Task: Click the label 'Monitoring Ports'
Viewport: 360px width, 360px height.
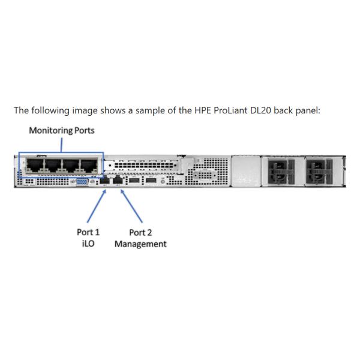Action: click(x=62, y=130)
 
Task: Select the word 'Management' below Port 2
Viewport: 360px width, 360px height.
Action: click(x=140, y=244)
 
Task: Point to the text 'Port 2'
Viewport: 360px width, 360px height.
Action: click(x=140, y=233)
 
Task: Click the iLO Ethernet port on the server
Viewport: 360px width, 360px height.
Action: click(x=105, y=180)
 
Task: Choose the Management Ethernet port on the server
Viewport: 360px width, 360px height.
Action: click(x=118, y=180)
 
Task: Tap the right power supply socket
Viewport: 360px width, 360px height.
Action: click(x=318, y=172)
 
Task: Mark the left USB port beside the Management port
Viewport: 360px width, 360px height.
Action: click(x=136, y=180)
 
